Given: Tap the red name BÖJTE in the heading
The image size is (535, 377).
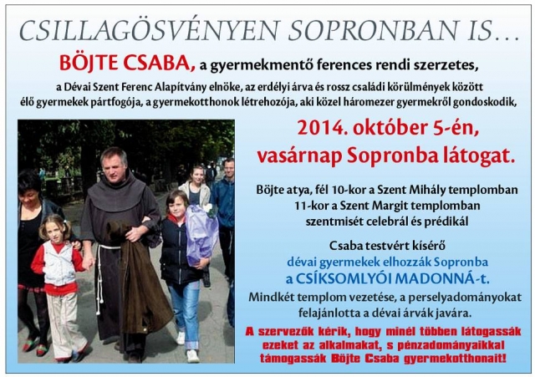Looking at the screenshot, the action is pos(89,63).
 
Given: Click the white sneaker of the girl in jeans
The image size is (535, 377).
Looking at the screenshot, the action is pos(192,356).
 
